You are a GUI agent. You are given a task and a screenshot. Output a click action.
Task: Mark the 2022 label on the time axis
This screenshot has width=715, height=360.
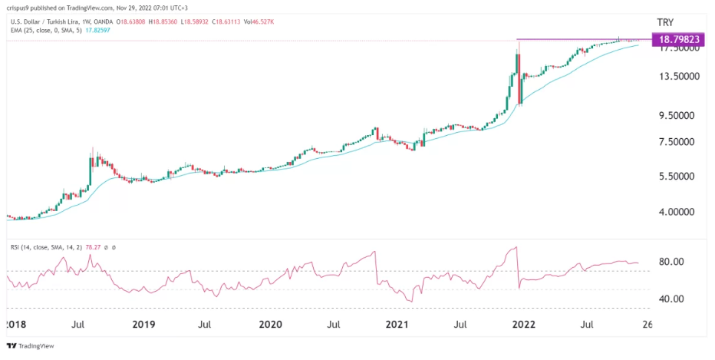click(x=524, y=325)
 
